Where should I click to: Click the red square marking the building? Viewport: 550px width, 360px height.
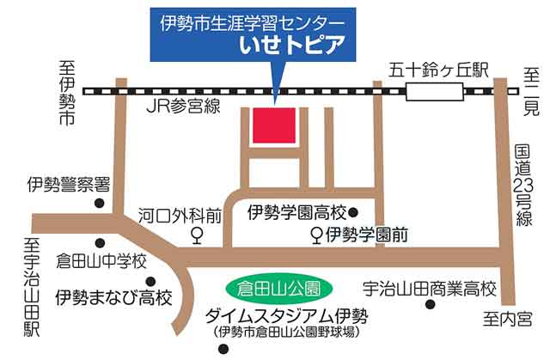[x=274, y=126]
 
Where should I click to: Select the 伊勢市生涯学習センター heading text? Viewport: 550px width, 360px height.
[x=253, y=19]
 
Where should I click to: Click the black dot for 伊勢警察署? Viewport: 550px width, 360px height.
[x=101, y=204]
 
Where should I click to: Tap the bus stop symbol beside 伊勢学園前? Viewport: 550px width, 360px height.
[x=316, y=234]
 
